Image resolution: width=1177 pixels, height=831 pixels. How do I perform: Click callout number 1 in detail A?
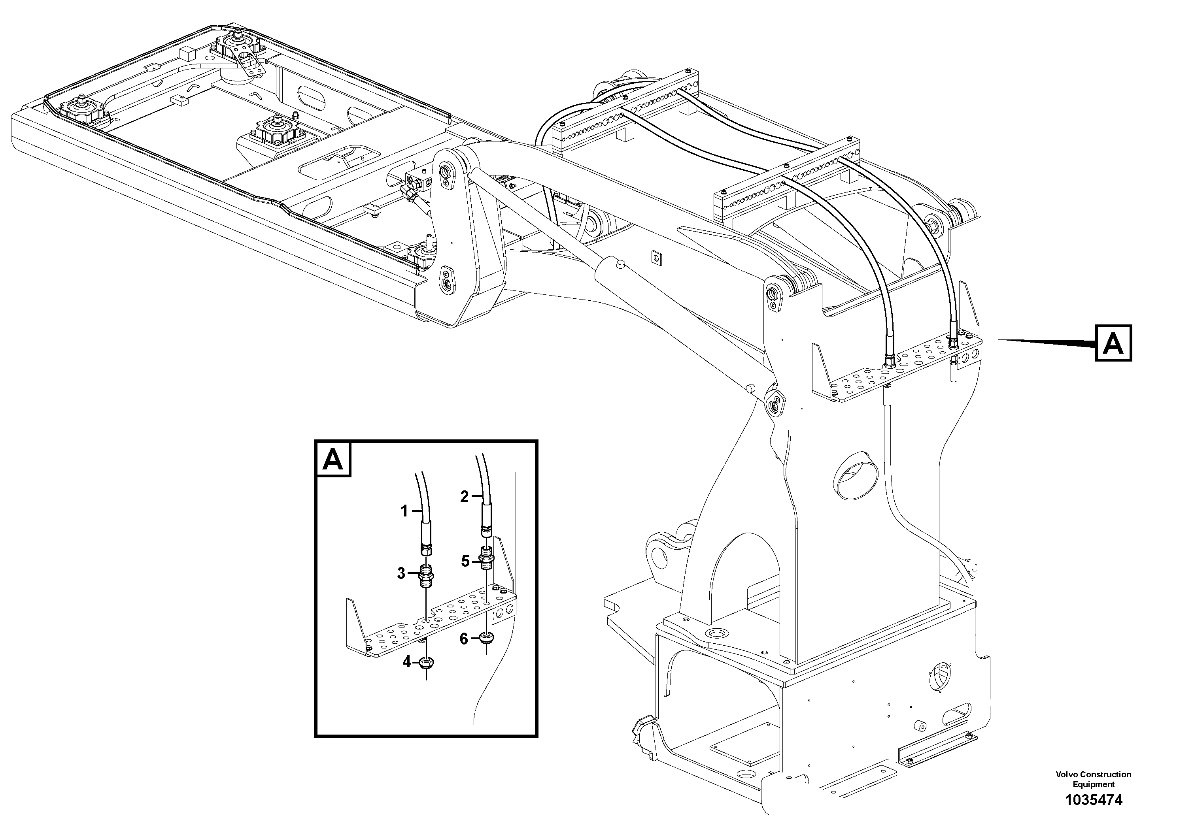(404, 511)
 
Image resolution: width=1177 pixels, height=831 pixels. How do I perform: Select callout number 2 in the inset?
(465, 496)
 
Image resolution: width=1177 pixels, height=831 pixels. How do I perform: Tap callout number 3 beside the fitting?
(401, 573)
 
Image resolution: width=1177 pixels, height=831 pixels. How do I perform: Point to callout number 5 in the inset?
(465, 561)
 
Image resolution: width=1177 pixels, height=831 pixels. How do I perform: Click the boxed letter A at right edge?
(1113, 343)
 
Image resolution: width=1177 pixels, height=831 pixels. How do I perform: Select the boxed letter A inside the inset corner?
(333, 459)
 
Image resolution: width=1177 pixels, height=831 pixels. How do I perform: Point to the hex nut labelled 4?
(425, 662)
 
